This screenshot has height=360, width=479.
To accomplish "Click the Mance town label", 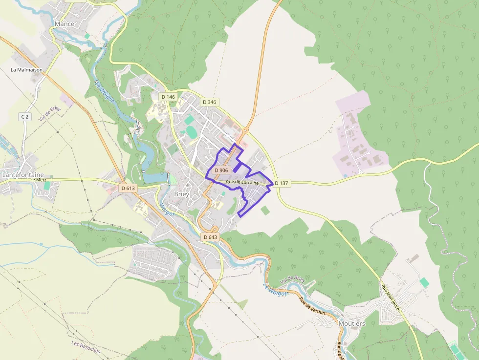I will pyautogui.click(x=65, y=24).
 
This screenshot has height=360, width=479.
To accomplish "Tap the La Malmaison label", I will pyautogui.click(x=27, y=70).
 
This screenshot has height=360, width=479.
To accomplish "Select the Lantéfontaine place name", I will pyautogui.click(x=23, y=174).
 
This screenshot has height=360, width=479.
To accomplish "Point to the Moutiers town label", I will pyautogui.click(x=351, y=323).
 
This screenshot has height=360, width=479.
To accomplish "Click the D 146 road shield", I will pyautogui.click(x=168, y=97).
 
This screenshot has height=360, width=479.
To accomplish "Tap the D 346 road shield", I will pyautogui.click(x=209, y=102).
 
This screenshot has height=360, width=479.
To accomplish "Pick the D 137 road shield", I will pyautogui.click(x=282, y=183).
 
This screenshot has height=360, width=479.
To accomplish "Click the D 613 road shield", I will pyautogui.click(x=128, y=188).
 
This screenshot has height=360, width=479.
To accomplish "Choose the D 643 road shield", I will pyautogui.click(x=209, y=237).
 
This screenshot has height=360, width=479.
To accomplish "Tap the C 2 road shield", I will pyautogui.click(x=25, y=116).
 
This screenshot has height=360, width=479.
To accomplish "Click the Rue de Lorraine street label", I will pyautogui.click(x=242, y=182).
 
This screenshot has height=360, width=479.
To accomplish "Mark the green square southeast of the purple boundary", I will pyautogui.click(x=265, y=211).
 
